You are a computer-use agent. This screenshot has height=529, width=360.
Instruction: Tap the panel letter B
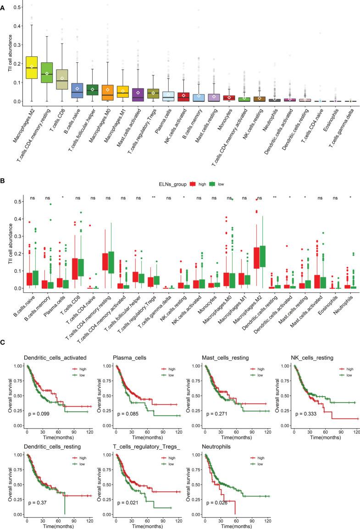pyautogui.click(x=4, y=169)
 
